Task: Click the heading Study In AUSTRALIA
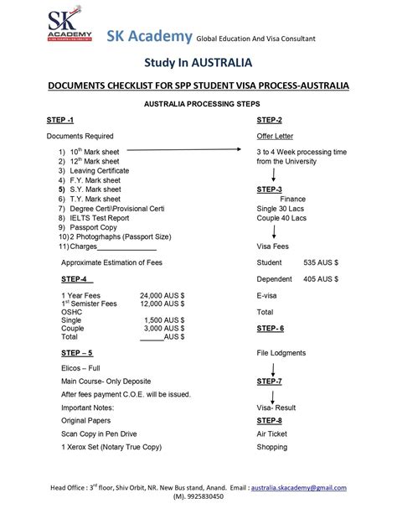pos(198,62)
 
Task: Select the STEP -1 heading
pos(62,120)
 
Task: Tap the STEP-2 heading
pos(269,120)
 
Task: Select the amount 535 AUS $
pos(321,262)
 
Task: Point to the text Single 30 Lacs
pos(281,208)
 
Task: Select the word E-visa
pos(269,295)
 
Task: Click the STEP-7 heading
pos(269,381)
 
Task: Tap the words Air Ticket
pos(272,434)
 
